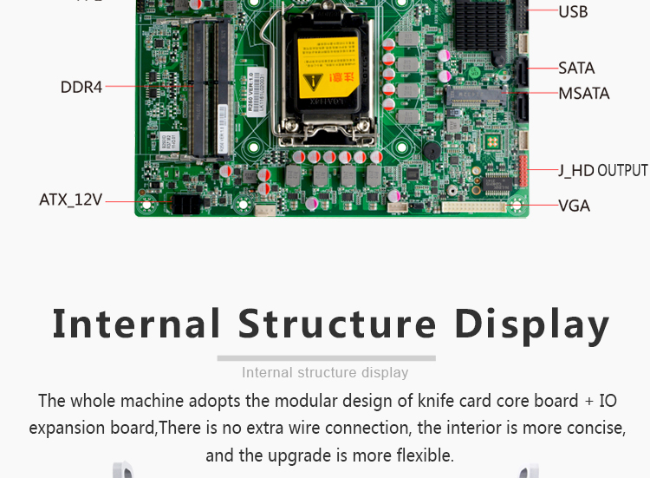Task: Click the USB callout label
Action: click(573, 11)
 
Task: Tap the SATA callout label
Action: click(576, 68)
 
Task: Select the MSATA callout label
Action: click(583, 93)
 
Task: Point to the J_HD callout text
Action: click(575, 170)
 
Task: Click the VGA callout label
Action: click(574, 206)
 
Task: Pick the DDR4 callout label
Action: click(81, 87)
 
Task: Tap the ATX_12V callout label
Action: click(70, 200)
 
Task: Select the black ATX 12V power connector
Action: click(185, 205)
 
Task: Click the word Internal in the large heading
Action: click(137, 324)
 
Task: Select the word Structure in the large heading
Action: click(338, 324)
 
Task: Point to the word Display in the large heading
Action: click(532, 324)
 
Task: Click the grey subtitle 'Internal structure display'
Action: click(325, 372)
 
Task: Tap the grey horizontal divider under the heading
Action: click(326, 357)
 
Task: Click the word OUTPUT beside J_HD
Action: click(622, 170)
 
